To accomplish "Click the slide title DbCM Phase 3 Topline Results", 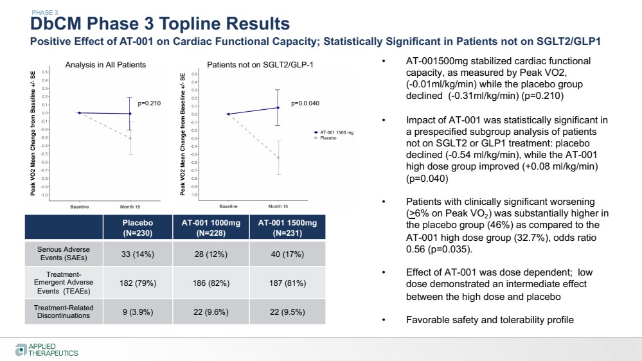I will point(160,24).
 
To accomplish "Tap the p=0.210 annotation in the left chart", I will point(149,103).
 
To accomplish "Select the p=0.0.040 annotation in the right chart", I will point(305,103).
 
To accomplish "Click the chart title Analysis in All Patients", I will point(105,65).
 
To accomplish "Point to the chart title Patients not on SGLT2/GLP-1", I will point(260,65).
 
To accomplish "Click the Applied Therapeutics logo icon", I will point(21,349).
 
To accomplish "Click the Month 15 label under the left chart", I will point(131,207).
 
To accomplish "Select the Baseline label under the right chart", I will point(229,207).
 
